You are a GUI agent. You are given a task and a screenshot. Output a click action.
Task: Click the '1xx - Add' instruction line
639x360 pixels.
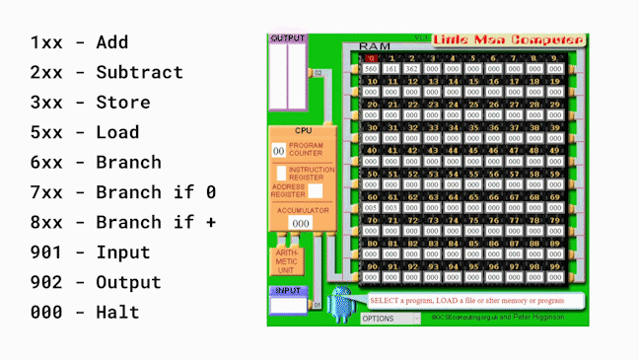tap(79, 42)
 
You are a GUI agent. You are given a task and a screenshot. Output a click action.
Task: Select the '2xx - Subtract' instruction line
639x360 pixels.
tap(106, 72)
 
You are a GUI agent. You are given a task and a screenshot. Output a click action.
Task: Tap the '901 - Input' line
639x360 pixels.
tap(90, 252)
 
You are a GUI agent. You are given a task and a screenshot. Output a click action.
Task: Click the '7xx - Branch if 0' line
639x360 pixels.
tap(123, 192)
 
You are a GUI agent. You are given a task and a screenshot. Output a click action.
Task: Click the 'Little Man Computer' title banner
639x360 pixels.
tap(509, 40)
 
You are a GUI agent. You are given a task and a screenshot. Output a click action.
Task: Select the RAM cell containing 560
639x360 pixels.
tap(371, 69)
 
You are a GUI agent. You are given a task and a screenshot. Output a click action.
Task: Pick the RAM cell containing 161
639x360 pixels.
tap(391, 69)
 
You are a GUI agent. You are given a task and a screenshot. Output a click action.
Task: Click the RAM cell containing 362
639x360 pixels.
tap(412, 69)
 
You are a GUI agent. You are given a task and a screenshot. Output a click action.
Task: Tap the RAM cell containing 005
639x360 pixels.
tap(371, 208)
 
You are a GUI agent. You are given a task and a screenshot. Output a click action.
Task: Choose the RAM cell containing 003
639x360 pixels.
tap(391, 208)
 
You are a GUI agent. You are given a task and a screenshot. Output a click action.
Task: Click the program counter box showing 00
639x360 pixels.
tap(279, 150)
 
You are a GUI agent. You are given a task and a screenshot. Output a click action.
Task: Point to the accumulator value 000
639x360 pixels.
tap(301, 224)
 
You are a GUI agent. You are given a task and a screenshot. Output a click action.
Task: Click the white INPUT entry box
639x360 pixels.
tap(288, 305)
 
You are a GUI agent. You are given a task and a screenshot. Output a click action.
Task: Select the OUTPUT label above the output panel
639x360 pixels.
tap(288, 37)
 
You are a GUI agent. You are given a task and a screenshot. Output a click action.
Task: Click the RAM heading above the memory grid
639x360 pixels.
tap(375, 46)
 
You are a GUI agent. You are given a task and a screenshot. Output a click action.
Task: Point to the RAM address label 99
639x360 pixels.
tap(558, 264)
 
